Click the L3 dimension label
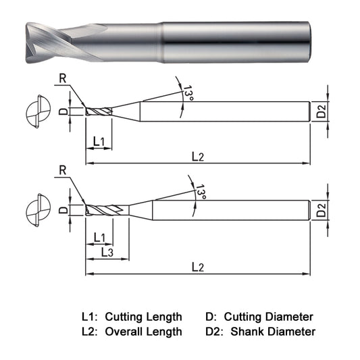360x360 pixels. [107, 253]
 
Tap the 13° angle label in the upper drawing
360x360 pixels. [188, 93]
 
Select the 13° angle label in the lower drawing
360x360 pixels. [201, 192]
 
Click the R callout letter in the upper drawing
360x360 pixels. [63, 78]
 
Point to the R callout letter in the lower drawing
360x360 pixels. [63, 170]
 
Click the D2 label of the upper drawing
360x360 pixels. [321, 111]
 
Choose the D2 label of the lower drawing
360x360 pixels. [321, 210]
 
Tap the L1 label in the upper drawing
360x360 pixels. [99, 141]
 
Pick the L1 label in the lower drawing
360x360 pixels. [99, 238]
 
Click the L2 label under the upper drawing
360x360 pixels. [198, 157]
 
